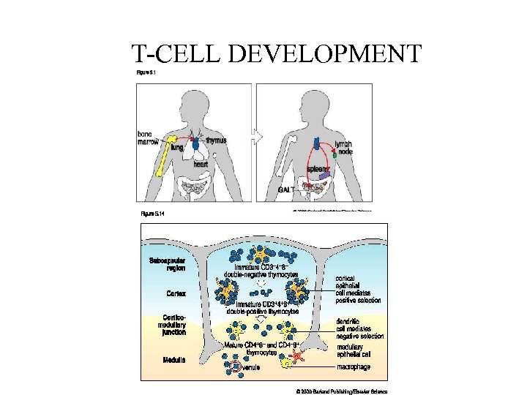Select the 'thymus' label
click(216, 140)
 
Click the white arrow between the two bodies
click(254, 136)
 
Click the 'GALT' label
click(287, 190)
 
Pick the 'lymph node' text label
click(343, 147)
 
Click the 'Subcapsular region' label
click(167, 264)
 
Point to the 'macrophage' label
click(354, 364)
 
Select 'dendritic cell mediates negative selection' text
click(359, 328)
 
